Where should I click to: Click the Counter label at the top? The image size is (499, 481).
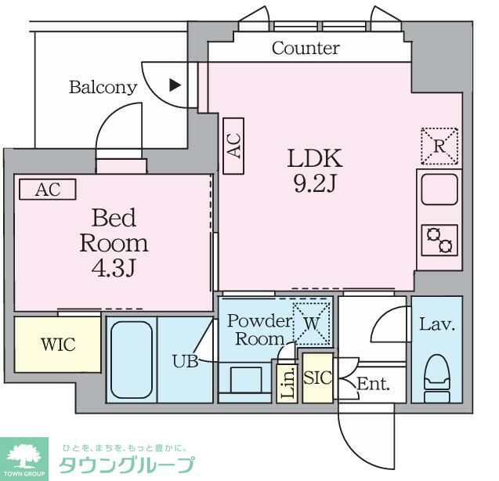point(306,49)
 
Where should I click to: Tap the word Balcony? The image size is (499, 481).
point(103,87)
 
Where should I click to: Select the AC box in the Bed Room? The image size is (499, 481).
point(47,190)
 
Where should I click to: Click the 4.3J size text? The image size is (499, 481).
point(114,269)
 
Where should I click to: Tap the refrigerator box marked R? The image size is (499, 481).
point(439,146)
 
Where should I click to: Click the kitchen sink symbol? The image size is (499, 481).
point(439,189)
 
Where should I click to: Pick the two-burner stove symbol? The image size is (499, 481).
point(439,240)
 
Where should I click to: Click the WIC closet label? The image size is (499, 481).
point(58,345)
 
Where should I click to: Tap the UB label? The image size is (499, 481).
point(186,361)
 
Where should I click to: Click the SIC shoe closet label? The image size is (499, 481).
point(318,378)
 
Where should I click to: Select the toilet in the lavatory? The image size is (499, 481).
point(436,374)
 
